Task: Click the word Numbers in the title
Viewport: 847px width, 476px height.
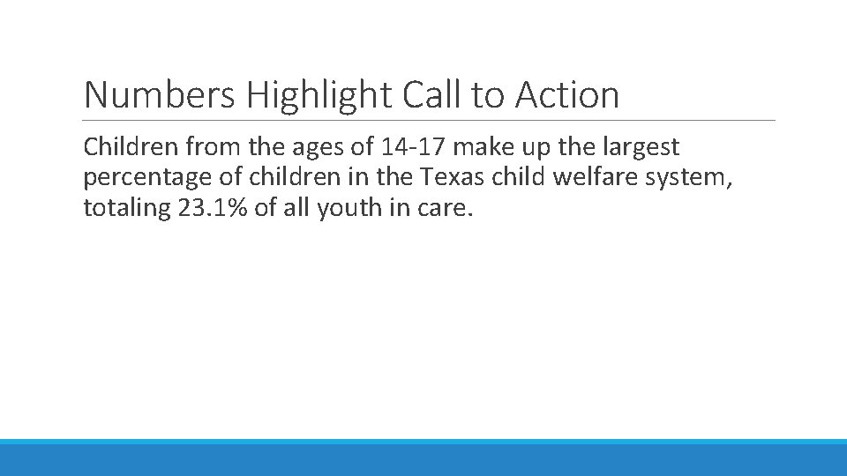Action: pos(159,95)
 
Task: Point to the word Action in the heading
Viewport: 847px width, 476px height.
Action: pos(567,95)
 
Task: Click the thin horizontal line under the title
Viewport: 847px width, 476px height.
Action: pos(429,121)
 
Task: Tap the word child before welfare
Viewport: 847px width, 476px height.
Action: pos(520,179)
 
